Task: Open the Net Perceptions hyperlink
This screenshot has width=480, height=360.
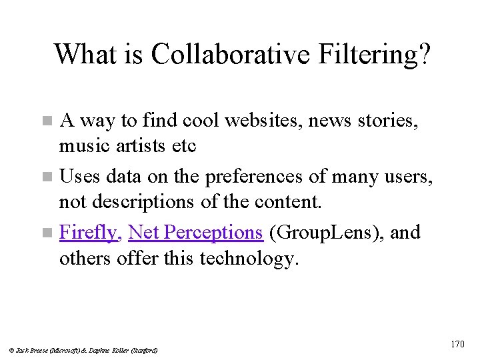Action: [195, 233]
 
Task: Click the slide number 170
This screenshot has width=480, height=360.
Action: [457, 345]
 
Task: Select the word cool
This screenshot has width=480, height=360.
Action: [201, 121]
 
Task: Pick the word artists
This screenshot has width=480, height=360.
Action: [136, 145]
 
